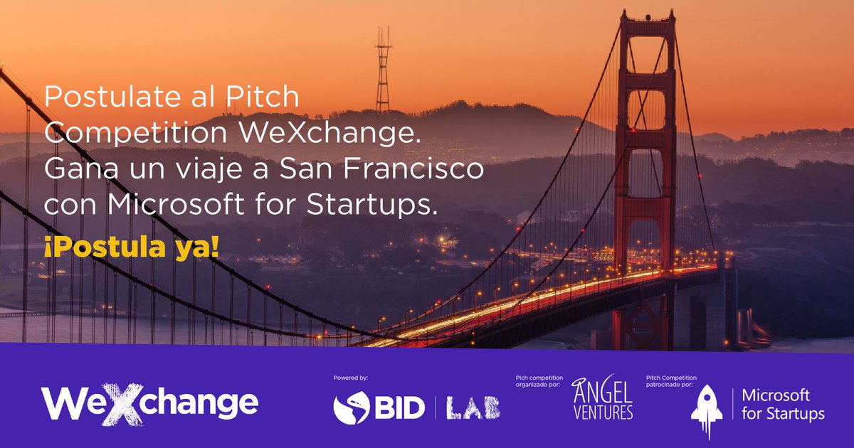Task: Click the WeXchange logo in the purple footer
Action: [149, 403]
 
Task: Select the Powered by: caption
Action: [350, 378]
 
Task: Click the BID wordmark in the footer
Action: [399, 407]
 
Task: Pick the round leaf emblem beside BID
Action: [351, 407]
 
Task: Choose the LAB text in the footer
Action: [473, 407]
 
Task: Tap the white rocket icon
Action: [708, 409]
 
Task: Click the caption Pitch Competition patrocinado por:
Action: [670, 382]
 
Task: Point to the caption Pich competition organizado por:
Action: [538, 382]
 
